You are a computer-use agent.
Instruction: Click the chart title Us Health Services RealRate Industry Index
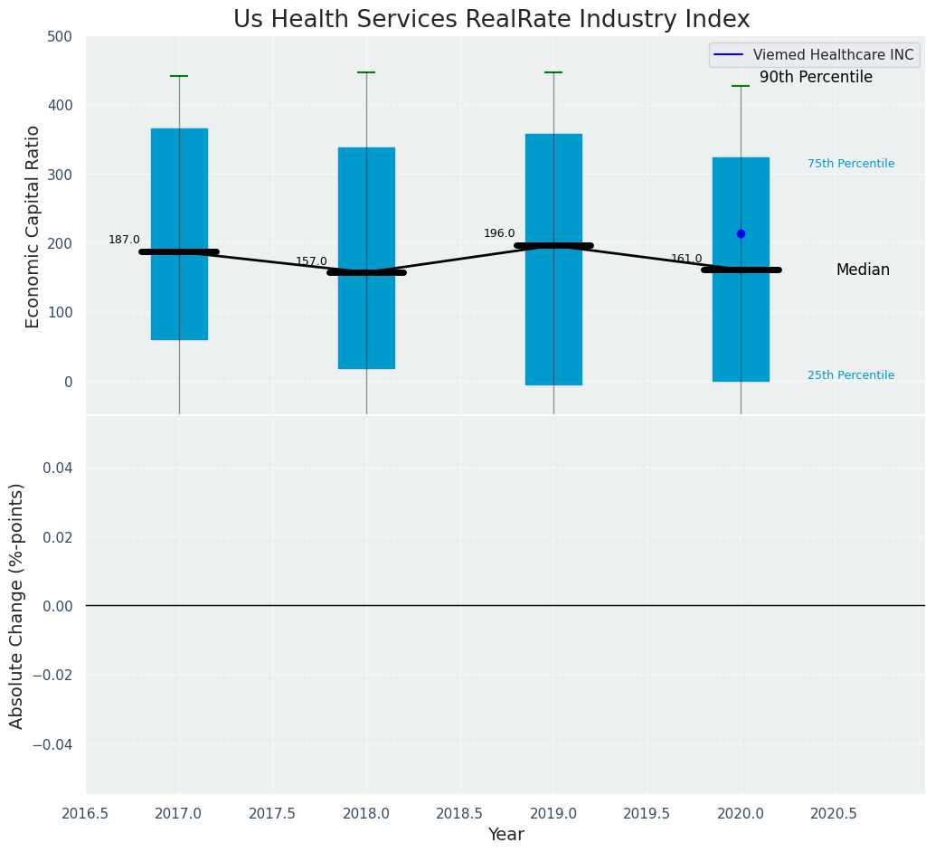pos(491,20)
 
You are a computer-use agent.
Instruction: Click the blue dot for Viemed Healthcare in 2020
pos(741,233)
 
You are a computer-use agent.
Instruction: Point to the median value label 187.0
pos(124,240)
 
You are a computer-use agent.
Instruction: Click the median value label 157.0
pos(311,261)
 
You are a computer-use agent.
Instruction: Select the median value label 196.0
pos(499,233)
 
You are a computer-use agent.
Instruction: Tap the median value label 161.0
pos(686,259)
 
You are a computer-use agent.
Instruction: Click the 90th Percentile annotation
pos(816,78)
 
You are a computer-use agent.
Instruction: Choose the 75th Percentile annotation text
pos(851,164)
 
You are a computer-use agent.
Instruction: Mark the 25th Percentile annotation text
pos(851,375)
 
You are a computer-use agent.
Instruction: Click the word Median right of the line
pos(863,270)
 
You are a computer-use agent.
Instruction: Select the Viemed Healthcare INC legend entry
pos(815,55)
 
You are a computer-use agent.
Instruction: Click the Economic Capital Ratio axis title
pos(33,226)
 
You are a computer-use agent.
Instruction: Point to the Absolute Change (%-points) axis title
pos(17,605)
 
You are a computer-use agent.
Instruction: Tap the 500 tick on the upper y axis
pos(60,36)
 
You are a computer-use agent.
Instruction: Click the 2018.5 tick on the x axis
pos(459,814)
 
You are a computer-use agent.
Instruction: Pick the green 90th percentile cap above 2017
pos(179,76)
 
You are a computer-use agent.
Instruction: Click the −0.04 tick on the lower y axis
pos(54,743)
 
